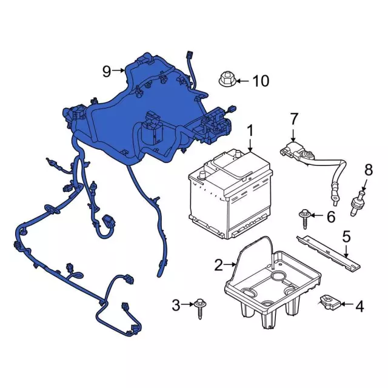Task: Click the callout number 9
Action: (x=107, y=72)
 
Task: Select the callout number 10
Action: (x=261, y=81)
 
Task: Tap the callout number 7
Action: (x=293, y=119)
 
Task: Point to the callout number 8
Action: (x=369, y=170)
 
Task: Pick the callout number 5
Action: (x=346, y=236)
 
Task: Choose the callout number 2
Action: (x=218, y=265)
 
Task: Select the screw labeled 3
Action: (x=199, y=309)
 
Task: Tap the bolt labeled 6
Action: (x=305, y=218)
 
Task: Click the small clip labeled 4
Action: (x=330, y=302)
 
